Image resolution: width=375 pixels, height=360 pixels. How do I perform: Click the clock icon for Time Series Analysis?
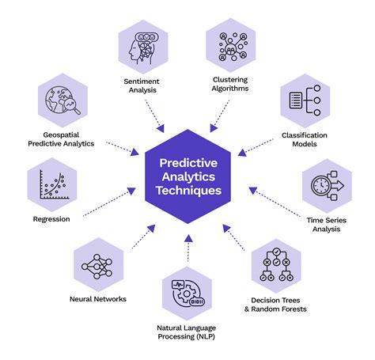326,185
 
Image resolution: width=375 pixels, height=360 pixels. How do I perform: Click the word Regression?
52,218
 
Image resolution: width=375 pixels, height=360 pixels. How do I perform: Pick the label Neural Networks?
97,298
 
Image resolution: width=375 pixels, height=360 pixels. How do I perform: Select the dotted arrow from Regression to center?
107,203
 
